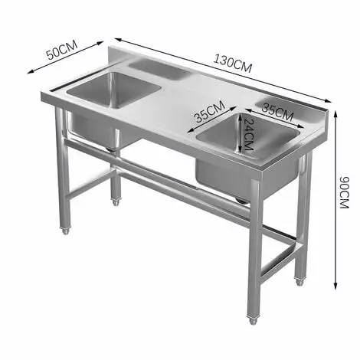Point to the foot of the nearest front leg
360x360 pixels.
pyautogui.click(x=252, y=320)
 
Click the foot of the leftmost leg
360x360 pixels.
pyautogui.click(x=65, y=230)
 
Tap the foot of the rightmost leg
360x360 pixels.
pyautogui.click(x=300, y=281)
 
